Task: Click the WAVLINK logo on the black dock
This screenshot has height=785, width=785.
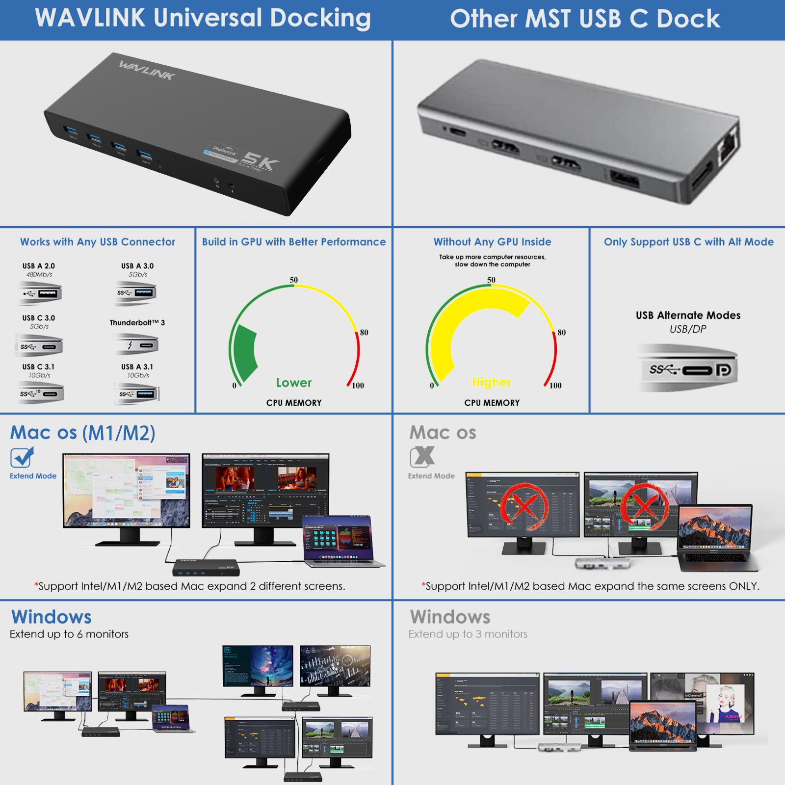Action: tap(146, 70)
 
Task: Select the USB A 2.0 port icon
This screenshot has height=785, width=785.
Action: tap(40, 293)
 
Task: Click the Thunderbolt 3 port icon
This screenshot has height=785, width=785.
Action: tap(137, 345)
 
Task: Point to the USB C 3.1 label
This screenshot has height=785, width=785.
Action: tap(38, 366)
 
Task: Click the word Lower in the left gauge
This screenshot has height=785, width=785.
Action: tap(293, 383)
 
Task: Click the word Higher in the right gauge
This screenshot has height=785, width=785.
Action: tap(492, 382)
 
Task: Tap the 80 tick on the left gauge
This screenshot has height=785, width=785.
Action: tap(364, 332)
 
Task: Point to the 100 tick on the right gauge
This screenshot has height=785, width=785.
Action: tap(555, 386)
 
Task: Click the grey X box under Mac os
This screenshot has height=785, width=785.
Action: tap(422, 457)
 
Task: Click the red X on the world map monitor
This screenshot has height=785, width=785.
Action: tap(524, 507)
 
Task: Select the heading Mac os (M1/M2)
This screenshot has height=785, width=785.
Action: tap(83, 433)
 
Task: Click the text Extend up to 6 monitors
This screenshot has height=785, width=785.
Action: tap(69, 634)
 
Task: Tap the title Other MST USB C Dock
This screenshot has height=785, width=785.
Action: tap(585, 19)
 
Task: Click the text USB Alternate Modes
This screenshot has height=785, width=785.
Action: tap(688, 315)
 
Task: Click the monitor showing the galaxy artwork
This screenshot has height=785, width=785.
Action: tap(258, 666)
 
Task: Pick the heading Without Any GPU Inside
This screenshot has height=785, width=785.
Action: tap(492, 242)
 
